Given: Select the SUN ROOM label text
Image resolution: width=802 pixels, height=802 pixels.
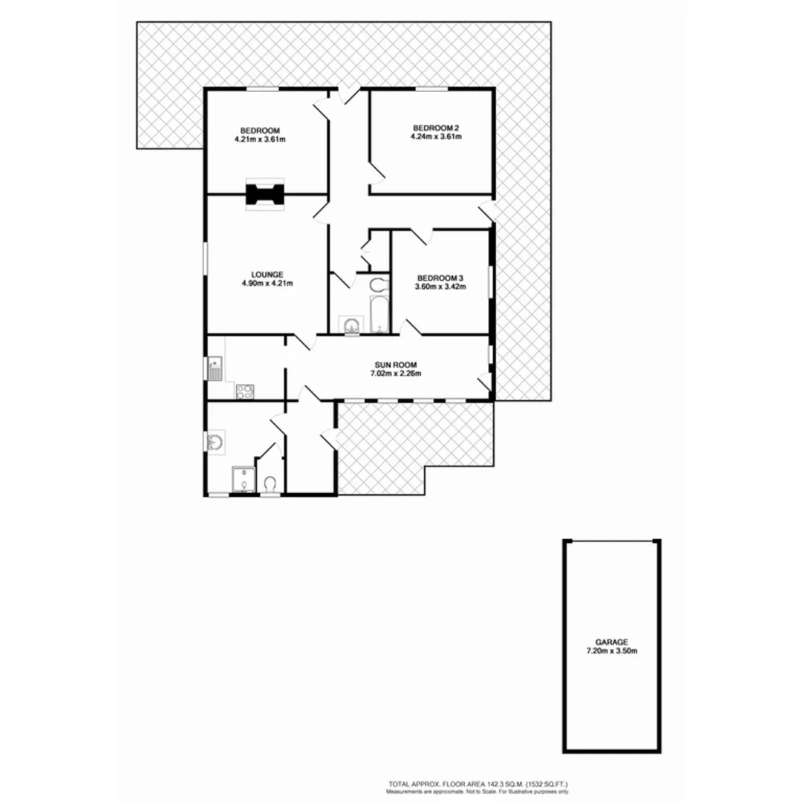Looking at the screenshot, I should pyautogui.click(x=396, y=364).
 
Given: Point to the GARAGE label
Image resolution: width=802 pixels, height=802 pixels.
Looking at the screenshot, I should pyautogui.click(x=612, y=642).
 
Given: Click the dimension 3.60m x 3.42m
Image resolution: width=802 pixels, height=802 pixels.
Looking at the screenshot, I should pyautogui.click(x=440, y=287).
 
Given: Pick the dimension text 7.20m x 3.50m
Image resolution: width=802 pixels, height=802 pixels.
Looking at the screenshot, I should pyautogui.click(x=612, y=651).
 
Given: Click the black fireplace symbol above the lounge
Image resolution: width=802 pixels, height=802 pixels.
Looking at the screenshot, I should pyautogui.click(x=265, y=195).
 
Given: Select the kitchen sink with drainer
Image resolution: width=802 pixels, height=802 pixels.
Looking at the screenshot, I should pyautogui.click(x=215, y=368).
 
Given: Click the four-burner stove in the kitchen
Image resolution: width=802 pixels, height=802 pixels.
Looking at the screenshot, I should pyautogui.click(x=245, y=391).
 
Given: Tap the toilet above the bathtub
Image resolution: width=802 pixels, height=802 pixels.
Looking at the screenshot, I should pyautogui.click(x=379, y=284).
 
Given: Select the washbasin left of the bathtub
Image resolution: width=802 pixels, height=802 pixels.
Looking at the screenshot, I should pyautogui.click(x=350, y=325).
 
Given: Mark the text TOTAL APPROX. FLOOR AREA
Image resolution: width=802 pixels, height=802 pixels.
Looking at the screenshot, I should pyautogui.click(x=439, y=784).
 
